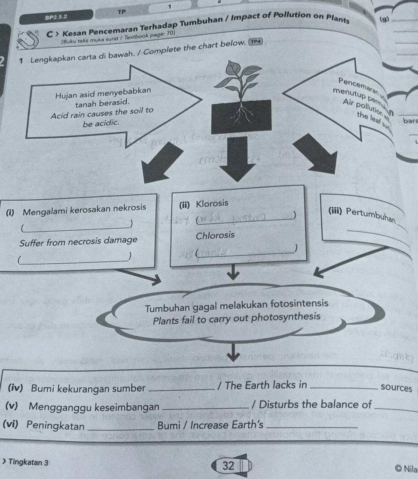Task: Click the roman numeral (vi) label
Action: pos(13,425)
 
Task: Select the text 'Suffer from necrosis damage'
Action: pos(79,241)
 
